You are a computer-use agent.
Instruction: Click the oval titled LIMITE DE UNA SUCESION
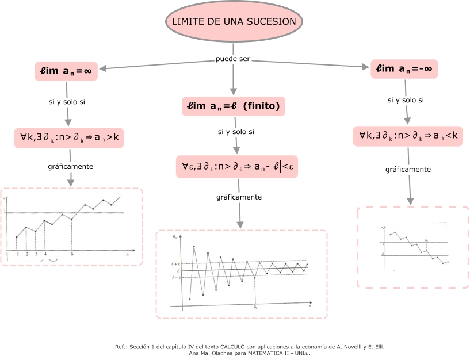click(234, 22)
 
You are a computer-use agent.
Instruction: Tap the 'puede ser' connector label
click(233, 59)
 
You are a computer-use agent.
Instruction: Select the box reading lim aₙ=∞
click(66, 71)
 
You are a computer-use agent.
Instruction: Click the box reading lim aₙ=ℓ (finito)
click(233, 106)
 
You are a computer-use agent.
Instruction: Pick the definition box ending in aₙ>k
click(69, 137)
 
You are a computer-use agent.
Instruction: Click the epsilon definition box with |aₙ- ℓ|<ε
click(237, 167)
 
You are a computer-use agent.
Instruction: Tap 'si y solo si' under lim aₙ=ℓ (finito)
click(236, 132)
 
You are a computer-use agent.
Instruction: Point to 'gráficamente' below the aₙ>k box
click(71, 167)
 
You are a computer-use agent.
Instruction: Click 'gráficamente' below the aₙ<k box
click(408, 170)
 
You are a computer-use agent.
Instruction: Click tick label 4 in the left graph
click(45, 254)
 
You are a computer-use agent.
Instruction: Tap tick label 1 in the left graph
click(18, 254)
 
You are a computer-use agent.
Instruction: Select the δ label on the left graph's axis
click(72, 254)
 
